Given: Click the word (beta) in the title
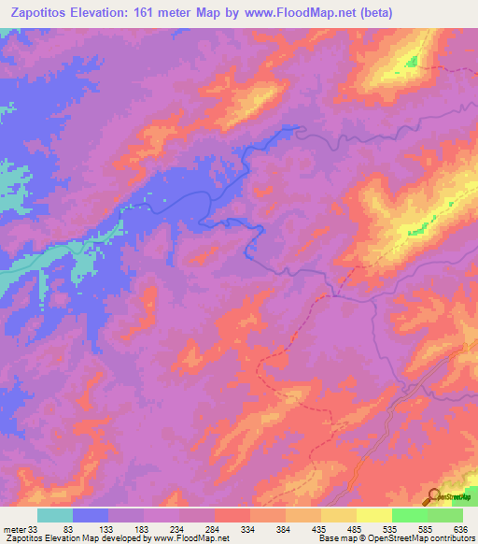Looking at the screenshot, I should [374, 13].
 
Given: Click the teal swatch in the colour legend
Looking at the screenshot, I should [55, 515].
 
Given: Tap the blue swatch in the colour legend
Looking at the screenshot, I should [91, 515].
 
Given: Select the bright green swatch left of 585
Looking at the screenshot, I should [409, 515].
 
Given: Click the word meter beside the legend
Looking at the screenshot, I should [13, 528].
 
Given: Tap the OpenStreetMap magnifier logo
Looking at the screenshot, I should [434, 496].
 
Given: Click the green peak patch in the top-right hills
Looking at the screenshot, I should [411, 62].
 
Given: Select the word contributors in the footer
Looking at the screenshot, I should [451, 538].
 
